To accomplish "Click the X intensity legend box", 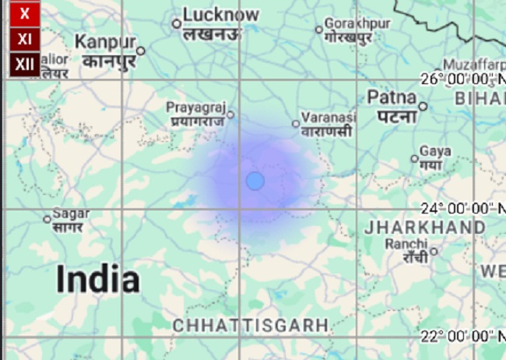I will click(25, 14).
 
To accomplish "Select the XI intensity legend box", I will click(25, 38).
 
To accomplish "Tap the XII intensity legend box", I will click(25, 64).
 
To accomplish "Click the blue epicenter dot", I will click(255, 181).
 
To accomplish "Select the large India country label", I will click(98, 279).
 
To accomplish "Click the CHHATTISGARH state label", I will click(251, 325).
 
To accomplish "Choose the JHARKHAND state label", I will click(425, 227).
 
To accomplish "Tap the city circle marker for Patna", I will click(423, 106).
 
